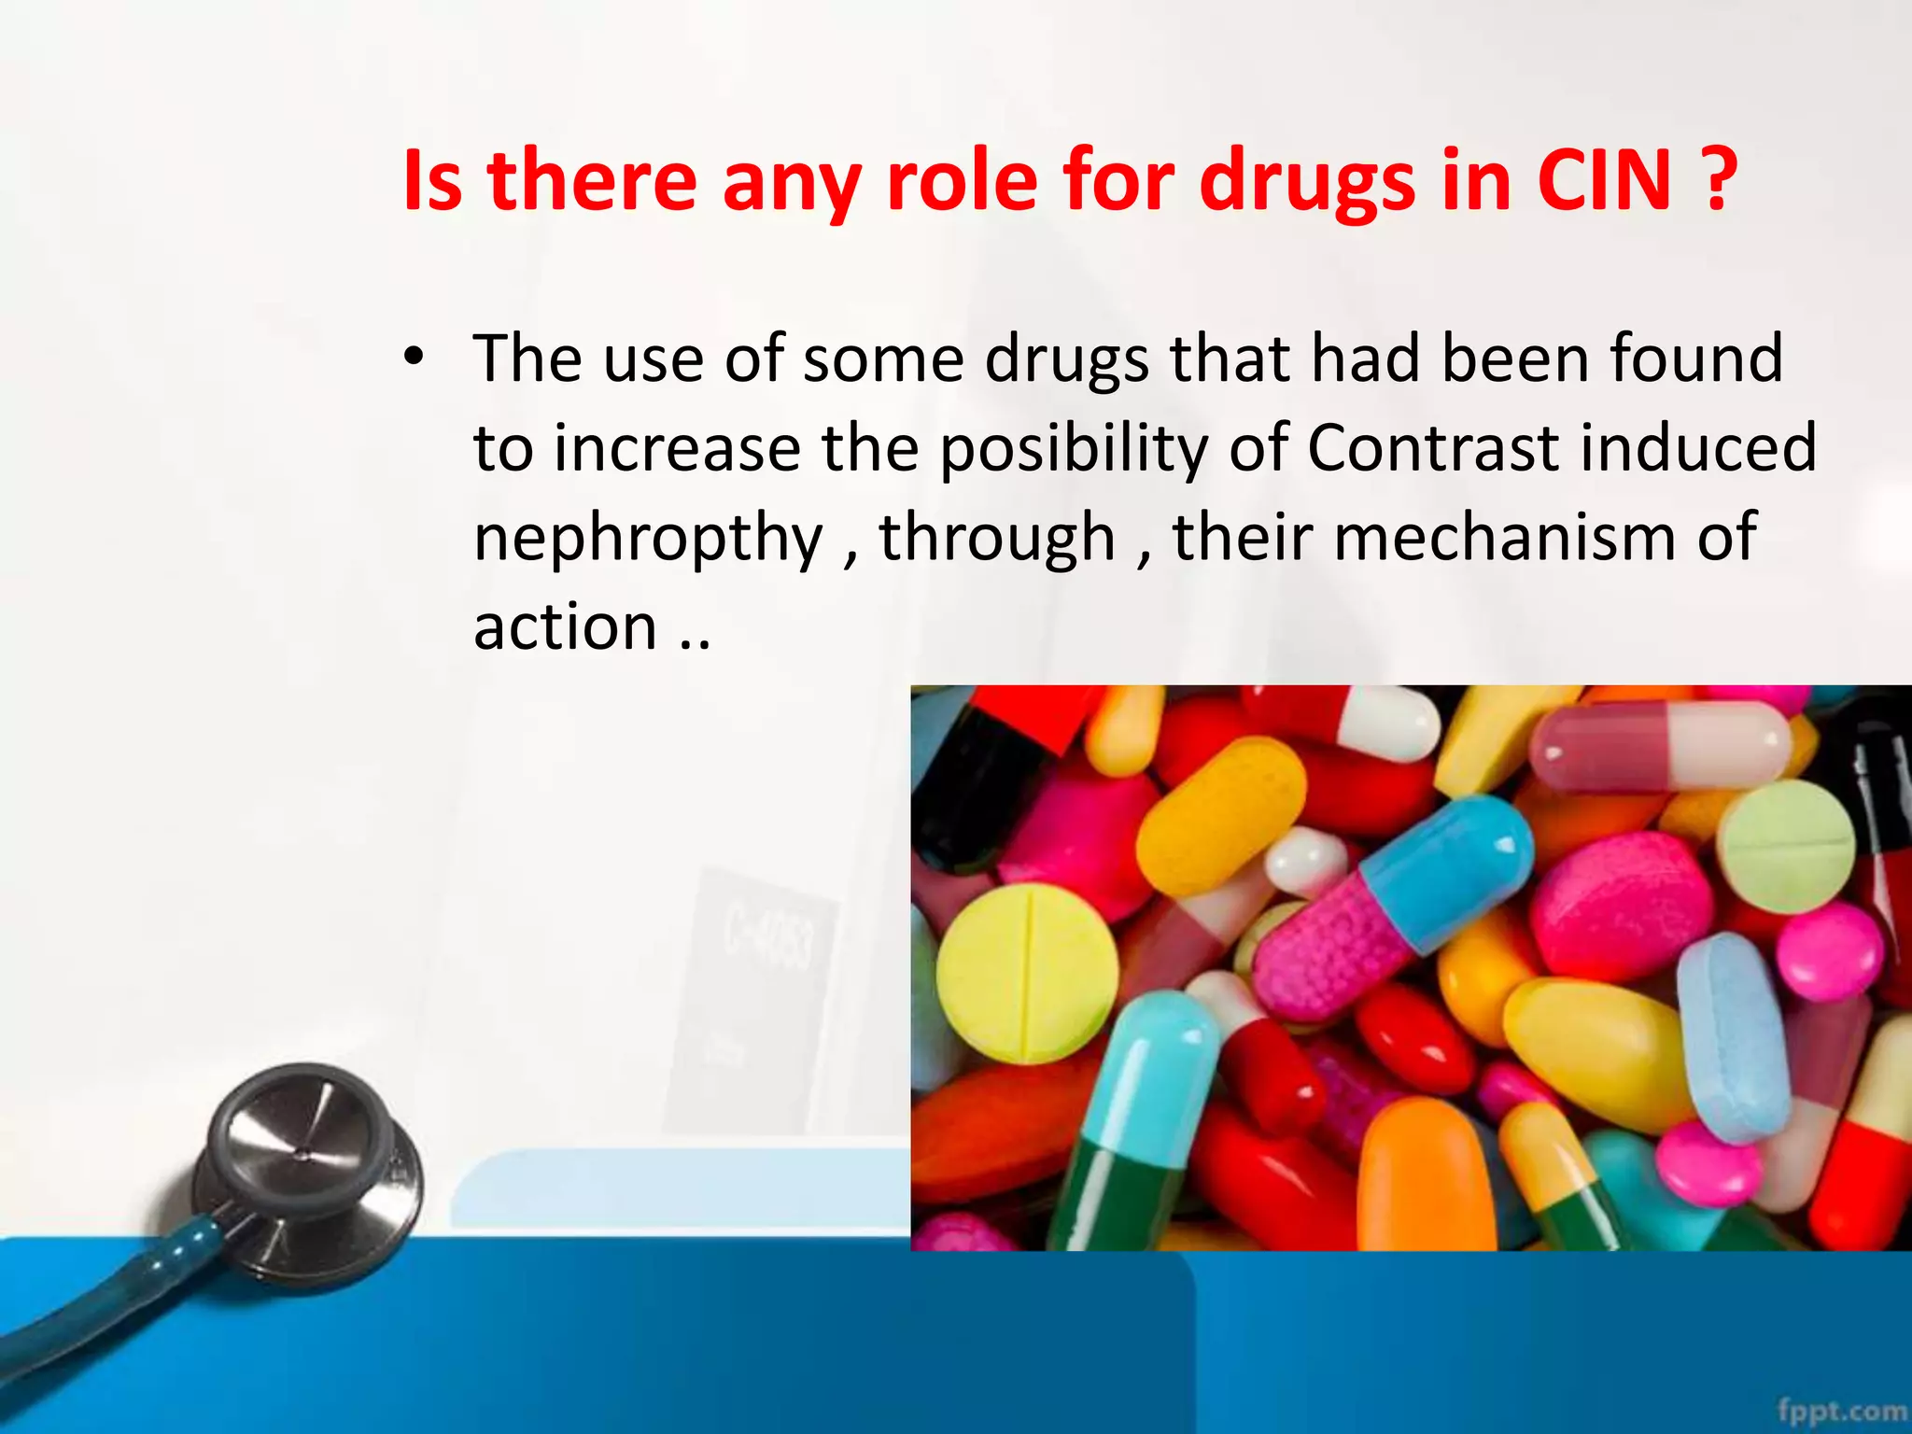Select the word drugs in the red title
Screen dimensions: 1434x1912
[1307, 182]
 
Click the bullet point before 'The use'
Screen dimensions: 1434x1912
[414, 358]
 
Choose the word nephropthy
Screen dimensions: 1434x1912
[648, 540]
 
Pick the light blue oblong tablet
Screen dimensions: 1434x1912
[1732, 1036]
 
